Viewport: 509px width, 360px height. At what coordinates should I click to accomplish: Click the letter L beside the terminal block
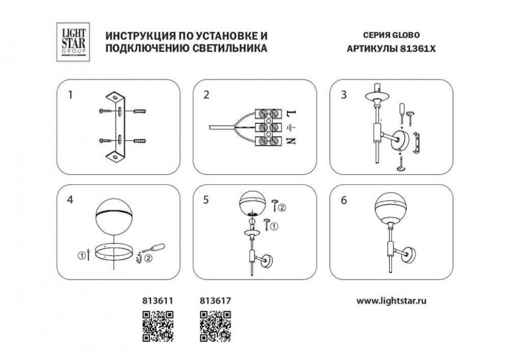pyautogui.click(x=292, y=113)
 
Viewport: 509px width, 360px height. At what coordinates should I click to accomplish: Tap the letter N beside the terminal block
pyautogui.click(x=292, y=141)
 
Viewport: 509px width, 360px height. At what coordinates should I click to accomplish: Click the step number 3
pyautogui.click(x=344, y=95)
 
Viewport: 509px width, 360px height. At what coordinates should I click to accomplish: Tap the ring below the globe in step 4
pyautogui.click(x=114, y=252)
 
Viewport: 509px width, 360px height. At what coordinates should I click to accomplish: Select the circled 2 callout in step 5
pyautogui.click(x=282, y=207)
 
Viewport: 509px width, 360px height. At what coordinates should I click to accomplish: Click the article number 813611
pyautogui.click(x=157, y=301)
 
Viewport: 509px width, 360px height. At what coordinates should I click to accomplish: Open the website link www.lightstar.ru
pyautogui.click(x=391, y=301)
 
